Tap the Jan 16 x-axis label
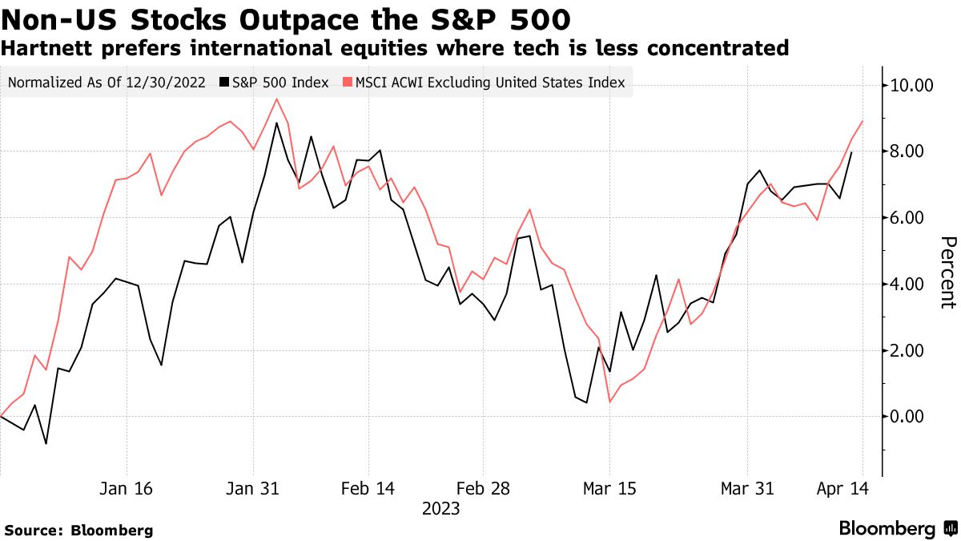coord(127,488)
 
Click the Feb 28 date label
coord(482,488)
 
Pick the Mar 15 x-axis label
coord(609,488)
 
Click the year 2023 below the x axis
coord(440,508)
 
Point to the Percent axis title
coord(947,273)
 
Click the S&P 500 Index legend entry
coord(275,83)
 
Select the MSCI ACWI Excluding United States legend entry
coord(484,83)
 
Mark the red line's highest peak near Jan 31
coord(276,99)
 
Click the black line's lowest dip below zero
coord(46,443)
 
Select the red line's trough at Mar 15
coord(609,402)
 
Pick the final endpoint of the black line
coord(851,152)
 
